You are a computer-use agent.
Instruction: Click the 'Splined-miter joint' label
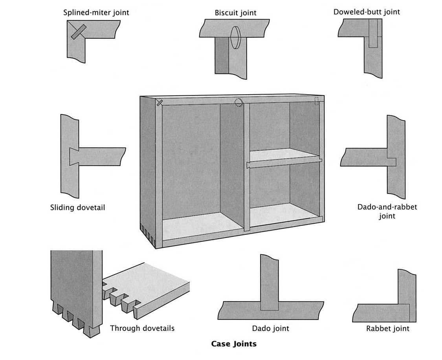[x=96, y=13]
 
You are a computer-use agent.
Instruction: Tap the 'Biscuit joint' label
[x=235, y=13]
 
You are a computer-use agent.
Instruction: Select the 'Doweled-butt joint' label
[x=367, y=12]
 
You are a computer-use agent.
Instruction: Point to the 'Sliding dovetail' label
[x=77, y=207]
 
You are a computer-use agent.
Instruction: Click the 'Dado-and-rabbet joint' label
[x=387, y=211]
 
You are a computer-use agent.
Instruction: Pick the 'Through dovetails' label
[x=142, y=328]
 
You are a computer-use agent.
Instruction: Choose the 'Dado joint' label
[x=271, y=328]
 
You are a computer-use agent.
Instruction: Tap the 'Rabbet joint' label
[x=387, y=329]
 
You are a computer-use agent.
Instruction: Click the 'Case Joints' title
[x=234, y=344]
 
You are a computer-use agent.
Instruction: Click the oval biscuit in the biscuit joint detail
[x=236, y=37]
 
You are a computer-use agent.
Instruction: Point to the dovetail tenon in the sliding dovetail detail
[x=74, y=156]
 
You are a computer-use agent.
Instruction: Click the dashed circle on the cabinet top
[x=239, y=102]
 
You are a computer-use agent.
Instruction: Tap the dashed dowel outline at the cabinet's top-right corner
[x=317, y=101]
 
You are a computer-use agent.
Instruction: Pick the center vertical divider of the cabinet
[x=247, y=165]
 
